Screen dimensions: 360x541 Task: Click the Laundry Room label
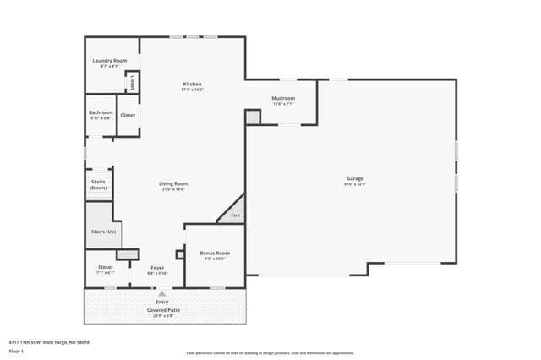(x=109, y=60)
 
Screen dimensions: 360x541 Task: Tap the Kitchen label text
(x=192, y=83)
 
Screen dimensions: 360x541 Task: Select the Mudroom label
(x=282, y=98)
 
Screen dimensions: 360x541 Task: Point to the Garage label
(x=354, y=178)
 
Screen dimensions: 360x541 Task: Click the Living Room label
(x=173, y=183)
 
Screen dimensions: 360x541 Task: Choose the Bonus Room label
(x=214, y=253)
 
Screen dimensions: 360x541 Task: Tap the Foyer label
(x=158, y=267)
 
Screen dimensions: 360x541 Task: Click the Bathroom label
(x=101, y=112)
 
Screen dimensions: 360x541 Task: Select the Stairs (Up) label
(x=103, y=232)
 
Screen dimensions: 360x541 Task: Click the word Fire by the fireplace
(x=235, y=216)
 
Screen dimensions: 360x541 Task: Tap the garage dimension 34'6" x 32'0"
(x=354, y=183)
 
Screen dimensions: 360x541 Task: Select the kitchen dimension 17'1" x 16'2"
(x=192, y=89)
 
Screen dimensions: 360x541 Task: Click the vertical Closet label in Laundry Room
(x=132, y=82)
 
